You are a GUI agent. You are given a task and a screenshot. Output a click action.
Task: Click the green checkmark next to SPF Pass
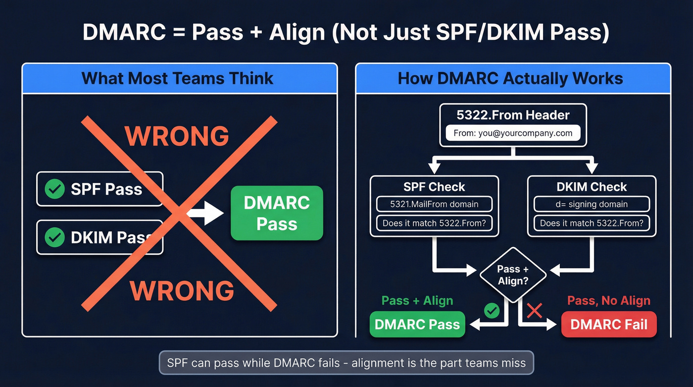pos(54,189)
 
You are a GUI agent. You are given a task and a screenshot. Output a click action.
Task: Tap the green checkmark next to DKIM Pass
pos(54,237)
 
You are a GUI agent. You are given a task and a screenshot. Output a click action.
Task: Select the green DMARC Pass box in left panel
pos(277,213)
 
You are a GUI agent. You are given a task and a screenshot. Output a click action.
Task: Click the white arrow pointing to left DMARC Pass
pos(203,214)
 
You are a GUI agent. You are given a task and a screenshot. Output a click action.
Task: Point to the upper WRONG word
pos(177,136)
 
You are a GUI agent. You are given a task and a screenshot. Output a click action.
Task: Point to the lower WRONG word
pos(182,290)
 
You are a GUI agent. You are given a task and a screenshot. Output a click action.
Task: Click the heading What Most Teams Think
pos(177,78)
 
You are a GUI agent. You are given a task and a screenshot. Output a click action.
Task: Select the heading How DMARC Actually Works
pos(510,78)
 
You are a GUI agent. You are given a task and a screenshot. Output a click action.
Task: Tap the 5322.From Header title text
pos(513,115)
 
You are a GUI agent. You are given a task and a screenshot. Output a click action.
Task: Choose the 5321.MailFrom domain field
pos(434,204)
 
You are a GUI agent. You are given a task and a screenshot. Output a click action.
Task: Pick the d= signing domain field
pos(592,204)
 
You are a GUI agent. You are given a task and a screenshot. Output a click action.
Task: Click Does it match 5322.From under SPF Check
pos(434,223)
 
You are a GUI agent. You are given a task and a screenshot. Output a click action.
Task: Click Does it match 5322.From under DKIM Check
pos(592,223)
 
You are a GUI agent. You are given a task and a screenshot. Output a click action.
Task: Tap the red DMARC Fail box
pos(609,325)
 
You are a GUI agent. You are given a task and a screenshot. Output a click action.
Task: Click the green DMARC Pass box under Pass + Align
pos(417,325)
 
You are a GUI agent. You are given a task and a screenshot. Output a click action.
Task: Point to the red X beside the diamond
pos(535,311)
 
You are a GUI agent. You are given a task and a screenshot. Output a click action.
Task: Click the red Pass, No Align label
pos(608,301)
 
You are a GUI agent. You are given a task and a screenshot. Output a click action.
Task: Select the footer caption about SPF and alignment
pos(346,363)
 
